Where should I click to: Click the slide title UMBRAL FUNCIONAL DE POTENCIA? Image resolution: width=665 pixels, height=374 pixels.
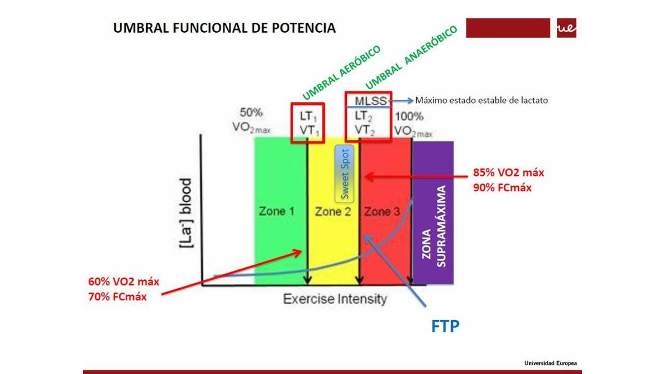pos(224,28)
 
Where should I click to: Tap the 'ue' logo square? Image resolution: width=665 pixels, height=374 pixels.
pos(566,28)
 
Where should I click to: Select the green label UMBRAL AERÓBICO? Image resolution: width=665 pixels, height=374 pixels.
pos(341,73)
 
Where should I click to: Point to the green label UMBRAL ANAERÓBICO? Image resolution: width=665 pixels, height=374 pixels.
pos(411,57)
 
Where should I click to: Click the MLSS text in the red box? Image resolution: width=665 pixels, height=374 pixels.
pos(371,101)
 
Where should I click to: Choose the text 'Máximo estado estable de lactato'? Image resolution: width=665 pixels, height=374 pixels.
pos(481,100)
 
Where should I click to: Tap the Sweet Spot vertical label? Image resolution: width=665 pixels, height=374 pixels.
pos(344,174)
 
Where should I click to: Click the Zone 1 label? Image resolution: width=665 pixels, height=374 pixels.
pos(277,211)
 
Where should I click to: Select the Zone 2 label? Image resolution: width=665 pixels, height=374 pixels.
pos(333,212)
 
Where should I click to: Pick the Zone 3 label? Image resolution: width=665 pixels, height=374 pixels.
pos(382,212)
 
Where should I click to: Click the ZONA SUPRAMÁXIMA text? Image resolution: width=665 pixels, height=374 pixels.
pos(434,227)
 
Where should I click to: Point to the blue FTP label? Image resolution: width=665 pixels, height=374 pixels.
pos(446,326)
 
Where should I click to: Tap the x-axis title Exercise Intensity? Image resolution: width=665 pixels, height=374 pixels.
pos(335,299)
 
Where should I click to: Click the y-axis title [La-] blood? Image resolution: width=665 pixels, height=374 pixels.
pos(186,213)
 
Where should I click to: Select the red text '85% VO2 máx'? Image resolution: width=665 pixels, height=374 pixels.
pos(509,172)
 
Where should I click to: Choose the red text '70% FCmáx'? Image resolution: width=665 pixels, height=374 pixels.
pos(117,296)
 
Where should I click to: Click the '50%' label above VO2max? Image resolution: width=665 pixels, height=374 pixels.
pos(251,112)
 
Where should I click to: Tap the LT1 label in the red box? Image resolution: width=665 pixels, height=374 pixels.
pos(308,116)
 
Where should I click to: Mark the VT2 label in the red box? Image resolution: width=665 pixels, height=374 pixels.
pos(365,130)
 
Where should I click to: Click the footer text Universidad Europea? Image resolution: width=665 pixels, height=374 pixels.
pos(550,363)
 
